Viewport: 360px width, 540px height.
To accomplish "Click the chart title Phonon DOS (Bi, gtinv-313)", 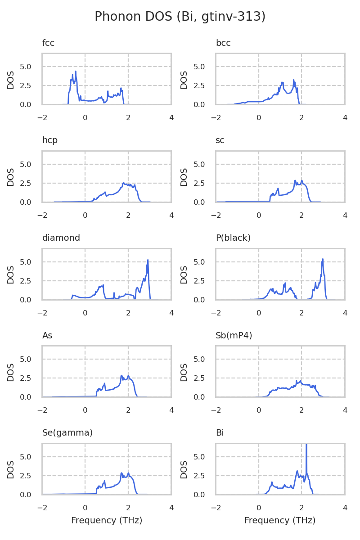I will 180,17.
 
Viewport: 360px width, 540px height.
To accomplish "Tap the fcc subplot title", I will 48,43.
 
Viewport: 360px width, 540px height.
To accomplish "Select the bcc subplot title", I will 223,43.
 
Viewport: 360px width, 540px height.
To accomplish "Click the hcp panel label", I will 49,140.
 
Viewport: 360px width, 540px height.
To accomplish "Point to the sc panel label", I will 220,140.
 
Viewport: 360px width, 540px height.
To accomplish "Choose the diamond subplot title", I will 61,238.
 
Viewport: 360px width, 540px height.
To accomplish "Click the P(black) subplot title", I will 233,238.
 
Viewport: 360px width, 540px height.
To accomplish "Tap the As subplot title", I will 47,336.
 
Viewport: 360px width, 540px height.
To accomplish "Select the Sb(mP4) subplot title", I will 234,336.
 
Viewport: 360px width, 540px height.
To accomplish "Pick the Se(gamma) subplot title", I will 67,433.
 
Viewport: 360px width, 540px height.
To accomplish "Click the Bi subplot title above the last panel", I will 220,433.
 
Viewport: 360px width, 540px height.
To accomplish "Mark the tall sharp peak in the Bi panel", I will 306,445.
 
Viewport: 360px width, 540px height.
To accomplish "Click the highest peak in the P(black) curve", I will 323,259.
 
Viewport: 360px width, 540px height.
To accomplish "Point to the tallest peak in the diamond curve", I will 148,260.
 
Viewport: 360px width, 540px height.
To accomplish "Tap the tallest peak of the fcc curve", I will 76,72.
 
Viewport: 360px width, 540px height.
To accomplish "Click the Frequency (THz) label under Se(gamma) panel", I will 107,521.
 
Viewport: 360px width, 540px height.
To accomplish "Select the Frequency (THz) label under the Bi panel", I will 280,521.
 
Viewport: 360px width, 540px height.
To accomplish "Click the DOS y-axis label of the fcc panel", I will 11,79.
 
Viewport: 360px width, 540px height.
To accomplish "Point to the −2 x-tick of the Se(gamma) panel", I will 42,508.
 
